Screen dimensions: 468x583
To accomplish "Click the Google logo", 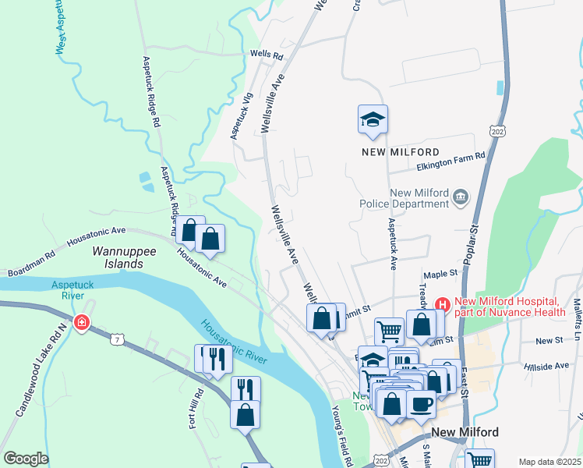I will (26, 458).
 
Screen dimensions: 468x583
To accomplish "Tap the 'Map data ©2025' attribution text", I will (549, 462).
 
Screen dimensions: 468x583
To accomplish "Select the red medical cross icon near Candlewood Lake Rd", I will (81, 323).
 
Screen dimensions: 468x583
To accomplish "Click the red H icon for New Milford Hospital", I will (443, 303).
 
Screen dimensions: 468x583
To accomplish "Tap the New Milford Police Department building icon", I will (461, 198).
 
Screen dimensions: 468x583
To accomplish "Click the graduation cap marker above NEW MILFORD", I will (373, 120).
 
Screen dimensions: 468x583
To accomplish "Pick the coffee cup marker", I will (421, 404).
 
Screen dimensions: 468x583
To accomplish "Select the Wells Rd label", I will (266, 55).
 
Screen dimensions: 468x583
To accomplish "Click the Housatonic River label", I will (234, 343).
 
